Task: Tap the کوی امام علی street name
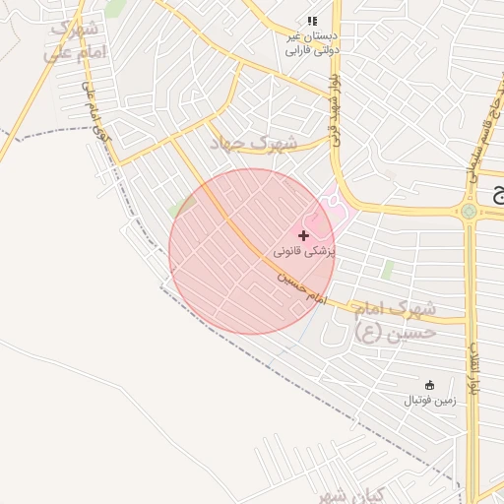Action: click(94, 118)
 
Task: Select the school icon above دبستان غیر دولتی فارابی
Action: click(312, 21)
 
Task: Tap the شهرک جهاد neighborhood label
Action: click(253, 142)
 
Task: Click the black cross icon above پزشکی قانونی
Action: click(303, 235)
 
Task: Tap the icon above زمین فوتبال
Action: click(429, 385)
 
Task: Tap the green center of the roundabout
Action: click(470, 210)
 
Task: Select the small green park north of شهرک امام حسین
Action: click(388, 269)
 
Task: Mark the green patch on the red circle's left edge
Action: click(174, 211)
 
